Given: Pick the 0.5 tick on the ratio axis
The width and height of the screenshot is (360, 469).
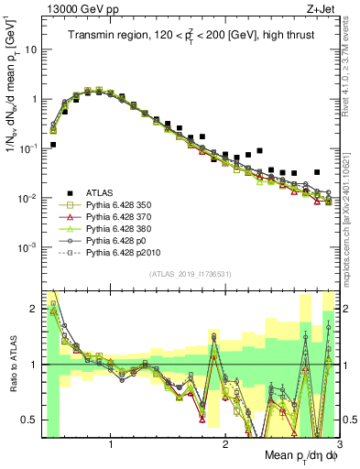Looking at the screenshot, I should [x=30, y=420].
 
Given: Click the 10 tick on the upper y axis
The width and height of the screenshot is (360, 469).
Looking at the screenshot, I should [x=30, y=49].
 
